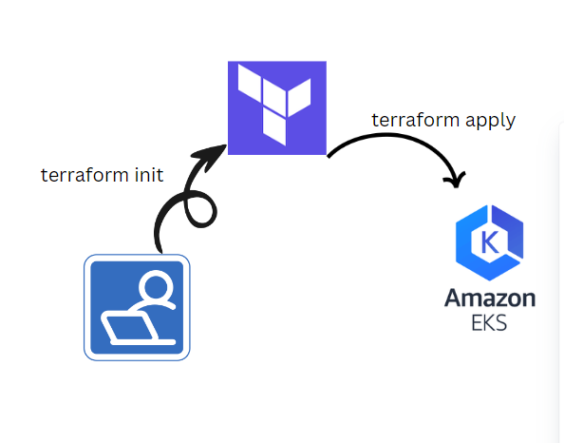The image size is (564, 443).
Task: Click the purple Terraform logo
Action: pyautogui.click(x=277, y=107)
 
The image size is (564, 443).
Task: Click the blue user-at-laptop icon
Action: pyautogui.click(x=137, y=307)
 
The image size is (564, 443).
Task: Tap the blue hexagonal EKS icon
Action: pyautogui.click(x=489, y=242)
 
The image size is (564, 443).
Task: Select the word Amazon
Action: pyautogui.click(x=489, y=298)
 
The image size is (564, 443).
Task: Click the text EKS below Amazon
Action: pyautogui.click(x=489, y=322)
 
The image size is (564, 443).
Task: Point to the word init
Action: pyautogui.click(x=148, y=175)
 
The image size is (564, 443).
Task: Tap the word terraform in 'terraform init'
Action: pyautogui.click(x=84, y=175)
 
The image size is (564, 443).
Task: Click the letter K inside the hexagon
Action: pyautogui.click(x=490, y=241)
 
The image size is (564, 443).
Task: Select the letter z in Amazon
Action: pyautogui.click(x=497, y=299)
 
